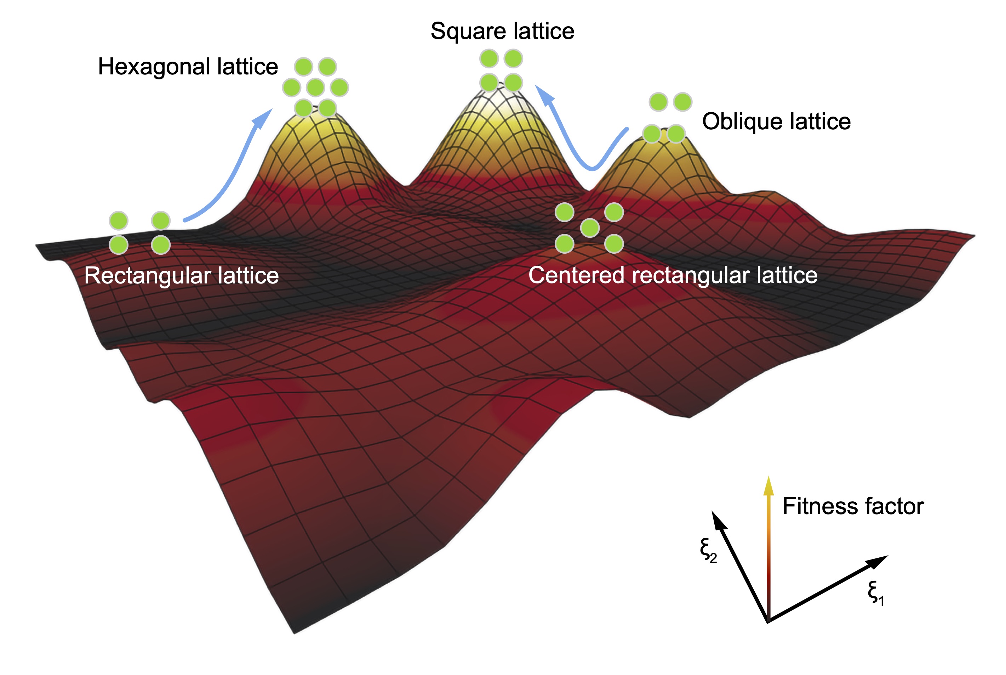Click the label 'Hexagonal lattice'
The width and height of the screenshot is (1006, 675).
click(x=188, y=67)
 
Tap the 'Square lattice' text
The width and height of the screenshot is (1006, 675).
click(x=502, y=31)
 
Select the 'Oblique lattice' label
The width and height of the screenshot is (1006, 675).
click(x=776, y=122)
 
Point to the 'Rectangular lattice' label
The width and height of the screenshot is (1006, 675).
click(x=181, y=276)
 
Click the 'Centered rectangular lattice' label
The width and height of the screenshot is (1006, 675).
click(x=672, y=276)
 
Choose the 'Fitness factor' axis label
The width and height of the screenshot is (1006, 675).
click(x=853, y=506)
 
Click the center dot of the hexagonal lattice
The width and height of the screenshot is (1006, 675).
click(x=315, y=88)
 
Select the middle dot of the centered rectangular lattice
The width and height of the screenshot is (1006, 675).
click(x=589, y=228)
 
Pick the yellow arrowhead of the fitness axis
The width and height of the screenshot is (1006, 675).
click(x=768, y=486)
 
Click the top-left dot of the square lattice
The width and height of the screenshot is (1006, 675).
click(x=489, y=58)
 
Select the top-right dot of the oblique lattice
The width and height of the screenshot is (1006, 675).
click(x=682, y=102)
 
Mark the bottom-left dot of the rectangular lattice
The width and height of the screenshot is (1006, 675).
click(x=118, y=245)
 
